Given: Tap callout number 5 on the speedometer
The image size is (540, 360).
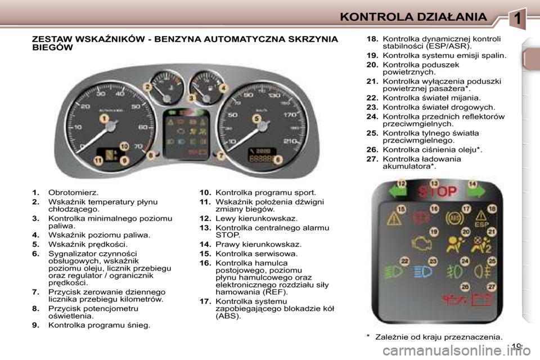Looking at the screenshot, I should point(256,119).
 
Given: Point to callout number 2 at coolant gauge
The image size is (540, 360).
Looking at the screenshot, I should point(147,87).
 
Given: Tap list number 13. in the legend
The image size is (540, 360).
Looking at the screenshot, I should point(205,227).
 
